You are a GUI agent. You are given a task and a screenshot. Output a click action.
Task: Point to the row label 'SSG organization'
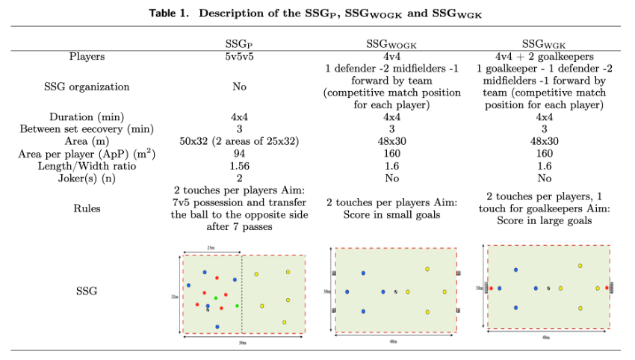pos(87,87)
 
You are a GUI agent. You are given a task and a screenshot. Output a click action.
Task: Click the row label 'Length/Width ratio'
pos(87,166)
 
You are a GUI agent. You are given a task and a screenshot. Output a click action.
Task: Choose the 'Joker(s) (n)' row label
pos(87,178)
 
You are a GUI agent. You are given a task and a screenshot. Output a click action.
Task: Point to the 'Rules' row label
pos(87,209)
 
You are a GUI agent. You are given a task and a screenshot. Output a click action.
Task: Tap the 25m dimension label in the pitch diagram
pos(211,248)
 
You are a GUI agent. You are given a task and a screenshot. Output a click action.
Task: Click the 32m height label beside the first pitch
pos(174,296)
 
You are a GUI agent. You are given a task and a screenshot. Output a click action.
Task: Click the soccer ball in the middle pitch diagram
pos(396,292)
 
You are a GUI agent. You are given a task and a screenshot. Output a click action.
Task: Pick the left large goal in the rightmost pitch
pos(486,288)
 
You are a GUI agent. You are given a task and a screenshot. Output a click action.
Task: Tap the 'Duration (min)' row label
pos(87,117)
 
